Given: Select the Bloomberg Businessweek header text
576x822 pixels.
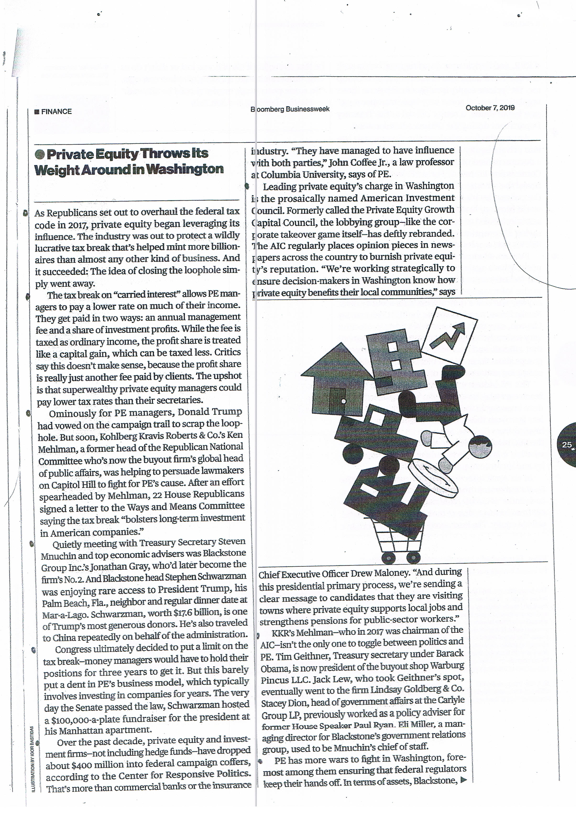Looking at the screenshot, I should click(290, 109).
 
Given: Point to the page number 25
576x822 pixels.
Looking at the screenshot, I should click(567, 445).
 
